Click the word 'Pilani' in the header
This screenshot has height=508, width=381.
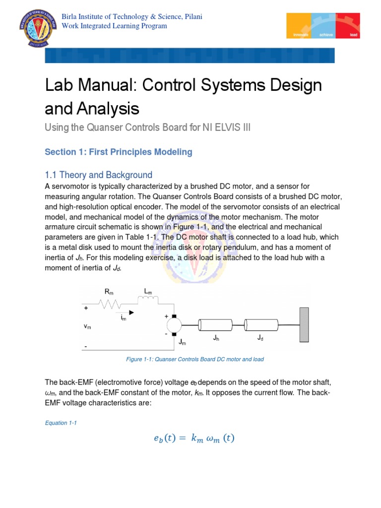191,17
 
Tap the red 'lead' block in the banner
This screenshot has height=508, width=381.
349,26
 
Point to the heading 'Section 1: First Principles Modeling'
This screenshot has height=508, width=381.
118,152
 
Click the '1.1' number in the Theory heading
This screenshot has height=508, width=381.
52,175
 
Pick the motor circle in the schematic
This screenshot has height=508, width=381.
174,325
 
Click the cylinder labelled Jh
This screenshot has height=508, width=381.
215,325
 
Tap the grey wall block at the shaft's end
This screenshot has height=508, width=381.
304,324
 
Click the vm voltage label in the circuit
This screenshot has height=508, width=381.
87,327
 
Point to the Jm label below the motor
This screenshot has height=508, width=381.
183,342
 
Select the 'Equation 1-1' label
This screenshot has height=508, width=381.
61,423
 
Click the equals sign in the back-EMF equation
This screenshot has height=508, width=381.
182,439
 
